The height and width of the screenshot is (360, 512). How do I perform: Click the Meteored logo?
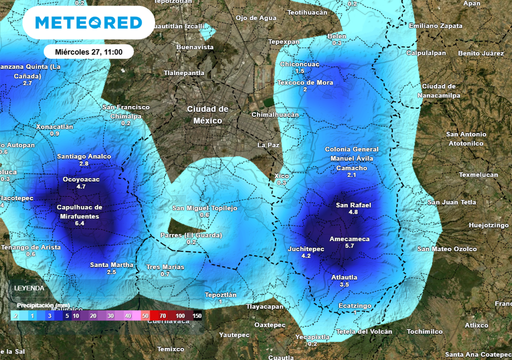(89, 22)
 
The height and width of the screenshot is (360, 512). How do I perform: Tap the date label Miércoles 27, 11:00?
(88, 51)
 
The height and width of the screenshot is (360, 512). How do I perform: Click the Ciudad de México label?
(207, 114)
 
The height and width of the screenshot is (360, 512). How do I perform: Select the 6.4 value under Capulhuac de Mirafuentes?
(79, 223)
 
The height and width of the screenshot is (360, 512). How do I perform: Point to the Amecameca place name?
(349, 239)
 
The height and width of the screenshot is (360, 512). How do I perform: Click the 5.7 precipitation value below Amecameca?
(349, 246)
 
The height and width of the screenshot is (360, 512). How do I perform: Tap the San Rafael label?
(353, 205)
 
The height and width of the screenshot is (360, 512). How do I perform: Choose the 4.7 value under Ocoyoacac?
(81, 186)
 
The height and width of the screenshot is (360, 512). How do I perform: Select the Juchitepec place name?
(306, 249)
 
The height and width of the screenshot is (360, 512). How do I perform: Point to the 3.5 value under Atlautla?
(344, 284)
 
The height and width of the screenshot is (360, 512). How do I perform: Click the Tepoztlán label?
(220, 295)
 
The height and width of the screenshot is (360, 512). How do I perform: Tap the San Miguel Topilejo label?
(204, 208)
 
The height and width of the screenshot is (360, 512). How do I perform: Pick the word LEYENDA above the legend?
(29, 288)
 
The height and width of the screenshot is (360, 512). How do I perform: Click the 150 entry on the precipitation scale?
(196, 316)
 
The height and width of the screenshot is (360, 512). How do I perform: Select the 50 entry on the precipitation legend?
(145, 316)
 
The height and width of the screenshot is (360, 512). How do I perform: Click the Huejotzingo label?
(488, 225)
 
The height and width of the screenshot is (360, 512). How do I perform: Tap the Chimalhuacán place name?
(274, 115)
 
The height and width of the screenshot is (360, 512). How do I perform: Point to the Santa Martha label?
(111, 265)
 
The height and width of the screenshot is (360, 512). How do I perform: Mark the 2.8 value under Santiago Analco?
(84, 163)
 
